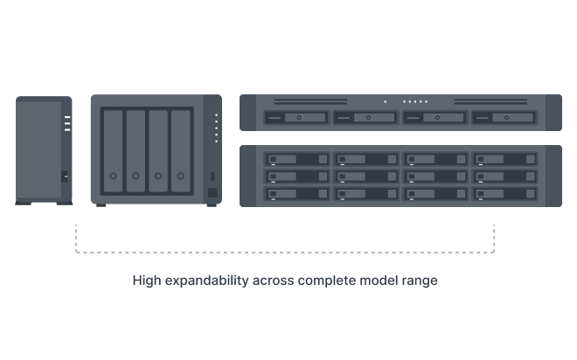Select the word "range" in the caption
coord(420,281)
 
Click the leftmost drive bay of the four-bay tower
coord(113,150)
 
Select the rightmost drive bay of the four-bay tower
coord(181,150)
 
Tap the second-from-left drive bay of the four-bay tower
coord(136,150)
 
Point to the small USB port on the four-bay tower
coord(212,175)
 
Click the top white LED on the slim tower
coord(66,116)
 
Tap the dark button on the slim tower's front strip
coord(66,177)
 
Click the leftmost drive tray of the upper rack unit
coord(296,117)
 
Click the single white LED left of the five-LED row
coord(384,101)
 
